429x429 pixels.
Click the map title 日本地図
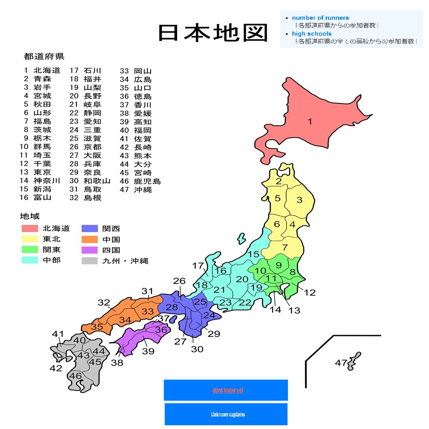pyautogui.click(x=213, y=33)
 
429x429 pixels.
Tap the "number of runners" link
pyautogui.click(x=320, y=18)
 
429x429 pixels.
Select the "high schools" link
pyautogui.click(x=311, y=33)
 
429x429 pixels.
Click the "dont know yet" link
pyautogui.click(x=228, y=390)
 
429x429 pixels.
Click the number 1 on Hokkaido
pyautogui.click(x=310, y=122)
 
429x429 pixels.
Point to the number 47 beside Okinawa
pyautogui.click(x=341, y=363)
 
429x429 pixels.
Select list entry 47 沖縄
pyautogui.click(x=136, y=189)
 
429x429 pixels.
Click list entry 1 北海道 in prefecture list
pyautogui.click(x=42, y=70)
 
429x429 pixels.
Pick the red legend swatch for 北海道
pyautogui.click(x=30, y=228)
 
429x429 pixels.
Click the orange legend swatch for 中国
pyautogui.click(x=89, y=239)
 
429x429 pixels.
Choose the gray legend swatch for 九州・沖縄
pyautogui.click(x=89, y=260)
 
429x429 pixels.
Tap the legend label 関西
pyautogui.click(x=111, y=228)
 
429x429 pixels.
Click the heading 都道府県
pyautogui.click(x=44, y=56)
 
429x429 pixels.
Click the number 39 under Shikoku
pyautogui.click(x=148, y=351)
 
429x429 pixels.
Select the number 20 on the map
pyautogui.click(x=242, y=279)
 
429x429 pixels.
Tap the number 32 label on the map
pyautogui.click(x=104, y=302)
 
